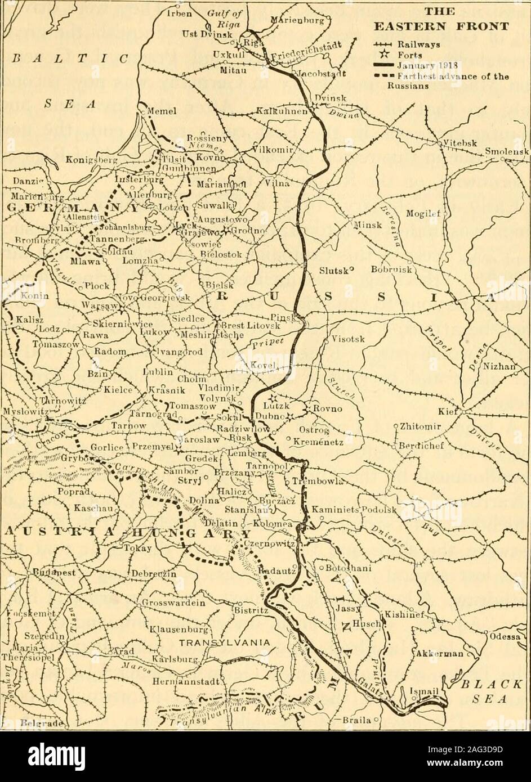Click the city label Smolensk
(x=506, y=151)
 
